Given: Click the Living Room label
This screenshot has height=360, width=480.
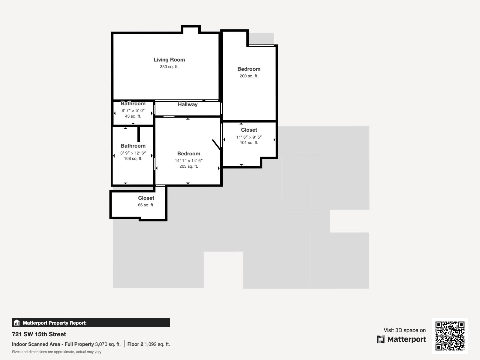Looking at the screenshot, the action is click(169, 60).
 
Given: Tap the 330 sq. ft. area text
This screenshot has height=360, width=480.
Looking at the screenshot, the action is click(169, 67).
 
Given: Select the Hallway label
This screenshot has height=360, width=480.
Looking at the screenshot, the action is click(187, 104).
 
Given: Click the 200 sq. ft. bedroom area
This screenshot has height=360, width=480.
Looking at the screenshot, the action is click(249, 76).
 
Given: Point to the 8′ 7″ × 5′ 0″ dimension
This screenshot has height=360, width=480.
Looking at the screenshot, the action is click(133, 110).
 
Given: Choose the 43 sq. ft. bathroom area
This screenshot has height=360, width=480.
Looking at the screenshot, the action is click(133, 116).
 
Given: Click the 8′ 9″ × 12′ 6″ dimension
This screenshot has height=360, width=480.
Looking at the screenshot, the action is click(133, 153).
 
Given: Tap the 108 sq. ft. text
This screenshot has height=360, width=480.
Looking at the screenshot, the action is click(133, 158).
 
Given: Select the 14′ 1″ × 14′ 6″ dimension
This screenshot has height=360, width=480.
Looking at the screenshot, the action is click(189, 160).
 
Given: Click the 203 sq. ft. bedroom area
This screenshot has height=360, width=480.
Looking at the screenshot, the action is click(189, 166).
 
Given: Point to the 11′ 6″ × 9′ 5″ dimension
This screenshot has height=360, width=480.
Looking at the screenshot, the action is click(249, 137).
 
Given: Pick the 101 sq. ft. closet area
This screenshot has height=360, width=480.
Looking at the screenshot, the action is click(249, 142).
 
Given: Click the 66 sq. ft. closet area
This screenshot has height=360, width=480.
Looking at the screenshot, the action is click(146, 205).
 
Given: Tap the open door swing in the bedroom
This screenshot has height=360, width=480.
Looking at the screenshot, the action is click(216, 145).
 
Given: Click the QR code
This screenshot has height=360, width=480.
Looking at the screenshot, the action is click(450, 336).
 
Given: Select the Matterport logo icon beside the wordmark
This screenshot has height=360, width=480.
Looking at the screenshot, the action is click(381, 339).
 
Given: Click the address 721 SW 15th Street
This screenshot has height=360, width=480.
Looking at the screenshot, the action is click(39, 334).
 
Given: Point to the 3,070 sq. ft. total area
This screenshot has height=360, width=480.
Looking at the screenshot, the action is click(108, 344).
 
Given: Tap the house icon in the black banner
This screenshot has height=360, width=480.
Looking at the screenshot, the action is click(17, 322).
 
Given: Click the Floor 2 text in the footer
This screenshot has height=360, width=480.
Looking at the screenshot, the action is click(135, 344).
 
